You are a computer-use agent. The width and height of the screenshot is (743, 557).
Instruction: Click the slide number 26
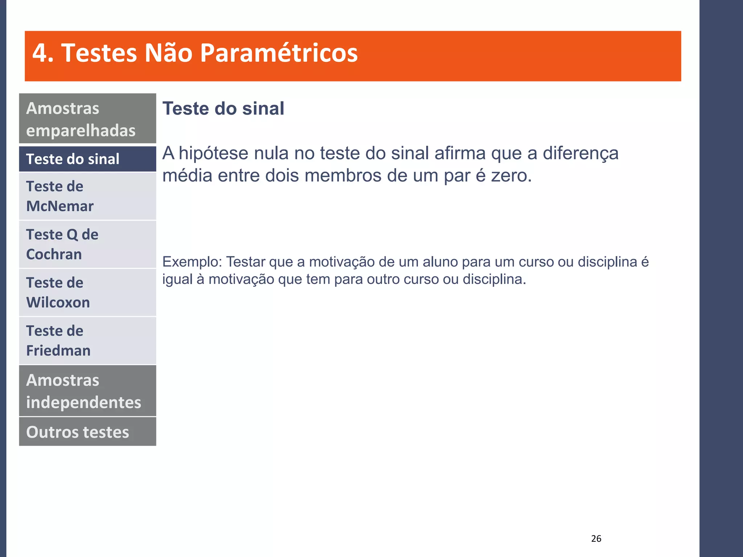[596, 539]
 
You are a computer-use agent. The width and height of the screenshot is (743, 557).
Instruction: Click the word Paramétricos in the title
[279, 53]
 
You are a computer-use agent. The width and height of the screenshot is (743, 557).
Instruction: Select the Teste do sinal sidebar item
[87, 159]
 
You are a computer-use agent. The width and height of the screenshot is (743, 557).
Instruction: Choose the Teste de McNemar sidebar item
[87, 196]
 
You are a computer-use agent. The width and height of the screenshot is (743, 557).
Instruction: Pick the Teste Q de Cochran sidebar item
[87, 244]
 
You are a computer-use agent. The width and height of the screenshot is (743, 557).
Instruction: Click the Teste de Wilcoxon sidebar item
[87, 292]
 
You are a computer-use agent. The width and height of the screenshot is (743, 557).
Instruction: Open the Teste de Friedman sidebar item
[87, 341]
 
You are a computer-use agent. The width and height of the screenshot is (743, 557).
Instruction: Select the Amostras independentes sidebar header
[87, 391]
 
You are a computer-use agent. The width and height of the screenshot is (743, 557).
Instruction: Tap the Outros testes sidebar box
[87, 432]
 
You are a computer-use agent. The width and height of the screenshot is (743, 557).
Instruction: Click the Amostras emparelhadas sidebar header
[87, 119]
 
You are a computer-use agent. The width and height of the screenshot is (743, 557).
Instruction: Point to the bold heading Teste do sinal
[223, 108]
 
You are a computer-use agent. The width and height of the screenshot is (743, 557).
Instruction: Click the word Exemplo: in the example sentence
[192, 262]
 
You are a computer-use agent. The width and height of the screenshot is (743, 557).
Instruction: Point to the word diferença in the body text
[580, 153]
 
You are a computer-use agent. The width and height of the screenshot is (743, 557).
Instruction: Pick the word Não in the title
[168, 53]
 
